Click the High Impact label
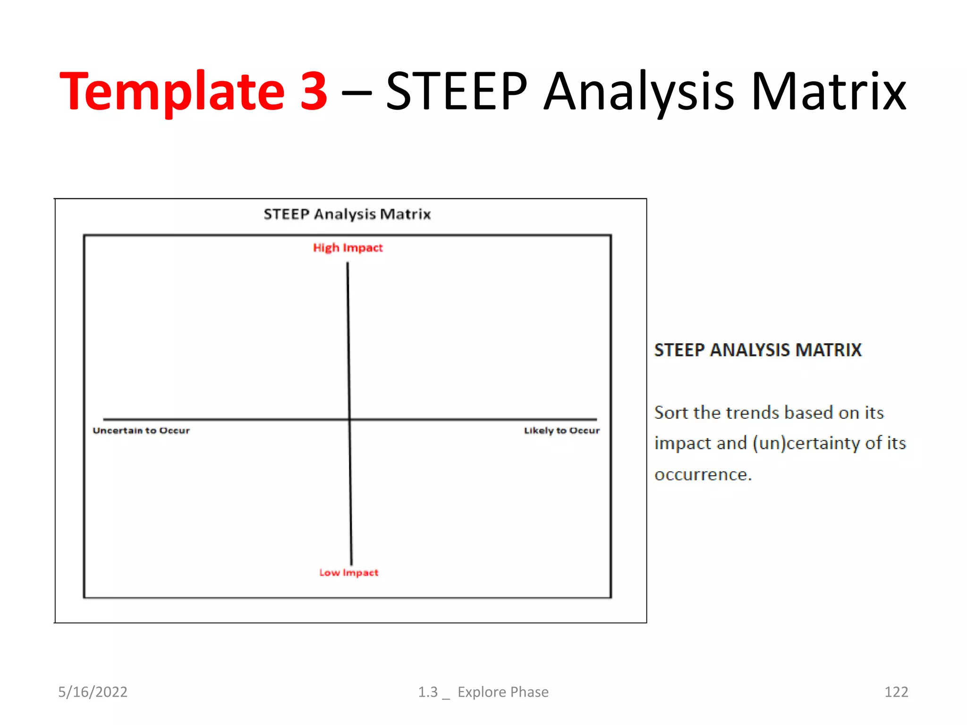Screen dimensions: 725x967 [x=348, y=248]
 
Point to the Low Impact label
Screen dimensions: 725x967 [x=348, y=573]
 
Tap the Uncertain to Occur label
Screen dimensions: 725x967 [x=141, y=430]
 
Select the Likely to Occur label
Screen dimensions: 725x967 [x=561, y=430]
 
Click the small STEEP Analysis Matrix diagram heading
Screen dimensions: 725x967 [x=347, y=214]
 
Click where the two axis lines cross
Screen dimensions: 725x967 [x=349, y=419]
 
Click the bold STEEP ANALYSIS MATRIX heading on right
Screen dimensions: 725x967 [x=758, y=350]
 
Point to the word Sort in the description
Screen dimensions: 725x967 [x=671, y=413]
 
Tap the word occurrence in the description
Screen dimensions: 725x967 [x=702, y=474]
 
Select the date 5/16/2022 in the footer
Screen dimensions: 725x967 [x=93, y=692]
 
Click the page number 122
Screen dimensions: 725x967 [x=896, y=692]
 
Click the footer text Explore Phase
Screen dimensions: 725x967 [x=503, y=692]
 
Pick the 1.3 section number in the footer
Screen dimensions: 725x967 [x=428, y=692]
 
